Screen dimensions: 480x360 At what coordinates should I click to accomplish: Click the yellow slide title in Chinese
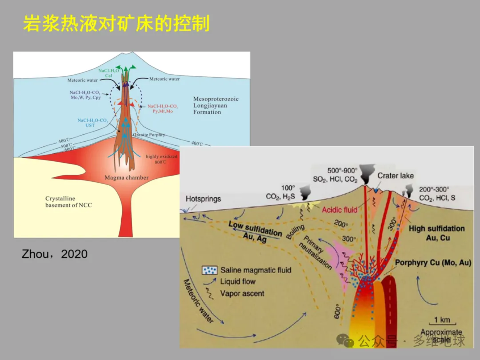point(116,24)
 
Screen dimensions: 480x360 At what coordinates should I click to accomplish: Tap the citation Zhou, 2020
point(55,254)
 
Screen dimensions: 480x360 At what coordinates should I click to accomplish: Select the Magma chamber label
point(127,178)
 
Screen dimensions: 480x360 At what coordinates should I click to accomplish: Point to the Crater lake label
point(396,176)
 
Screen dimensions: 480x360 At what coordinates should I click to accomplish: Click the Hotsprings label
point(203,199)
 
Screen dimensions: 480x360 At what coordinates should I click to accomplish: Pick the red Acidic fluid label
point(340,209)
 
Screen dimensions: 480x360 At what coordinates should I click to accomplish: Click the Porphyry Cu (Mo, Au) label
point(433,263)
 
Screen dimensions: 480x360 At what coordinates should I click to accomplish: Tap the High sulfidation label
point(436,228)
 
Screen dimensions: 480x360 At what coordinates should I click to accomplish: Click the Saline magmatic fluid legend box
point(209,270)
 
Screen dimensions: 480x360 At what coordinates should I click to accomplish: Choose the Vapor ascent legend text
point(242,293)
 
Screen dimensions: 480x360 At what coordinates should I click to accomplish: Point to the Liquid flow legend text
point(238,281)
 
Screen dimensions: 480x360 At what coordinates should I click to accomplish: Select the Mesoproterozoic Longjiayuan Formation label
point(216,105)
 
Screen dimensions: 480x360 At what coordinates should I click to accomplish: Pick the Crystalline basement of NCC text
point(68,202)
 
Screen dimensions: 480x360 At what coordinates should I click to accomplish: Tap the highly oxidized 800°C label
point(161,159)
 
